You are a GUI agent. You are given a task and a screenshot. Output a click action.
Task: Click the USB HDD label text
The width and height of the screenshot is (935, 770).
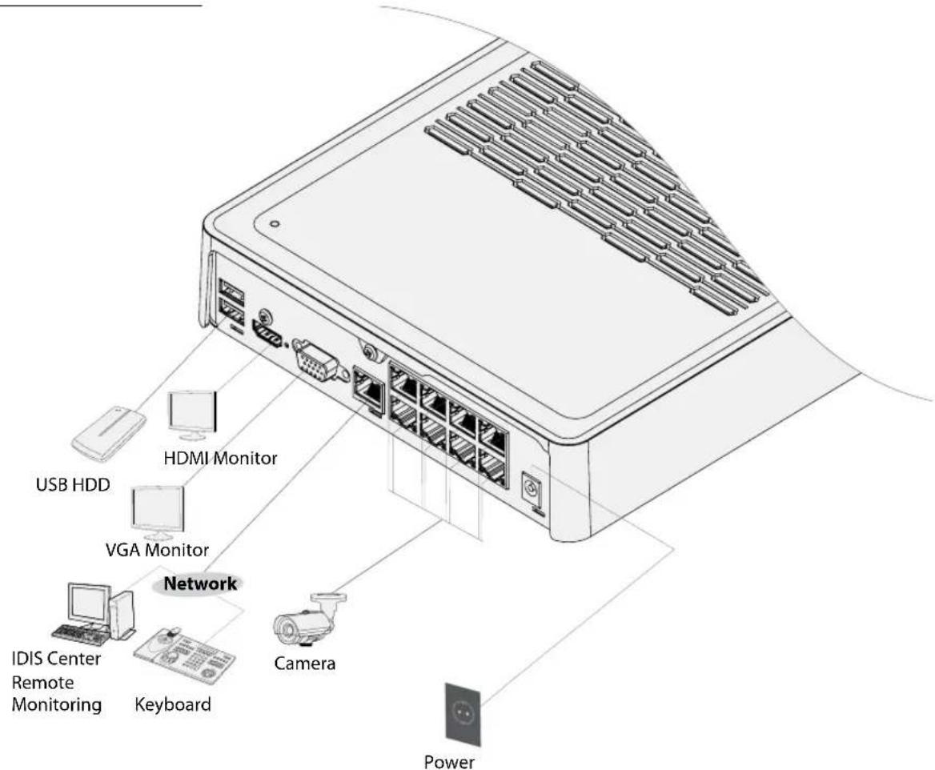pyautogui.click(x=73, y=484)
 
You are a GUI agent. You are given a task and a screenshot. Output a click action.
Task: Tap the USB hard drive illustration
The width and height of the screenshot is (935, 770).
pyautogui.click(x=109, y=434)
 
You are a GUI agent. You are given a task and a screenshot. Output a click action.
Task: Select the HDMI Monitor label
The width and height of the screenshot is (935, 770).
pyautogui.click(x=220, y=458)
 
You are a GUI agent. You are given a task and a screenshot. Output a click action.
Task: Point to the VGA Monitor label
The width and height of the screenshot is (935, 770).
pyautogui.click(x=157, y=549)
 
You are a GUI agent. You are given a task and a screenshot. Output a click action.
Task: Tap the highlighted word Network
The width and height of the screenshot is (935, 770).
pyautogui.click(x=200, y=584)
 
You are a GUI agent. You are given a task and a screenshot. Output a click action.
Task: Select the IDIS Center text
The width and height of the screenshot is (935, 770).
pyautogui.click(x=56, y=659)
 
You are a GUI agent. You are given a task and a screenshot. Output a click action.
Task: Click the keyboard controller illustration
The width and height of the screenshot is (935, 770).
pyautogui.click(x=184, y=652)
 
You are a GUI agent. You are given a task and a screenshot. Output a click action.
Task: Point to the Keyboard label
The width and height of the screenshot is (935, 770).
pyautogui.click(x=172, y=704)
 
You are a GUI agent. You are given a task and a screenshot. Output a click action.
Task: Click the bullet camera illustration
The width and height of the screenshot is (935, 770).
pyautogui.click(x=310, y=621)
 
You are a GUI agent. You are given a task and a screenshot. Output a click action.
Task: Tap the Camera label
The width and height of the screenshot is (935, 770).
pyautogui.click(x=304, y=664)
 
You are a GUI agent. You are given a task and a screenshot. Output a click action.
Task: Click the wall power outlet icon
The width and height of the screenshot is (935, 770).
pyautogui.click(x=463, y=714)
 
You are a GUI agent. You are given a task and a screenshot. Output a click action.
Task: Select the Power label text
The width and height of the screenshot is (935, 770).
pyautogui.click(x=449, y=762)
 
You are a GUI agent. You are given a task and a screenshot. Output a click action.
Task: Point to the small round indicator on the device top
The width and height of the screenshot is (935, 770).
pyautogui.click(x=275, y=224)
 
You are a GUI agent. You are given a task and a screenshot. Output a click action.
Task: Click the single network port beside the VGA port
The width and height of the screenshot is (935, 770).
pyautogui.click(x=368, y=387)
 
